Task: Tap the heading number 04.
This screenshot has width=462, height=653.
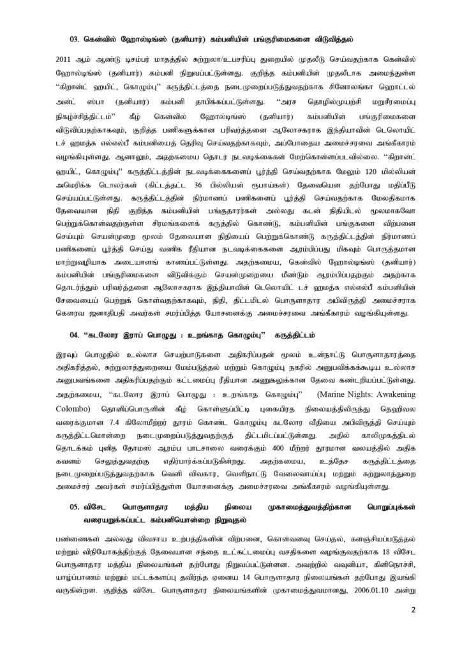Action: click(x=75, y=335)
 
